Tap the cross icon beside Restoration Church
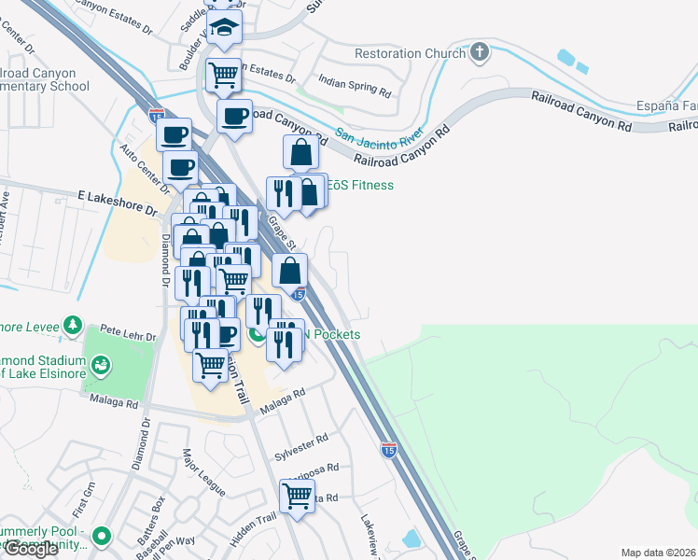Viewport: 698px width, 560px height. (480, 52)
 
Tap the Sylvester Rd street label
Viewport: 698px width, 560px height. (300, 446)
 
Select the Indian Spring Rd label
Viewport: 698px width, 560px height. (355, 87)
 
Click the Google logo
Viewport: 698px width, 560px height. (30, 549)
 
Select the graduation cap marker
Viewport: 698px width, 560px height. (224, 28)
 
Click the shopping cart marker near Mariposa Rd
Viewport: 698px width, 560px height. (297, 496)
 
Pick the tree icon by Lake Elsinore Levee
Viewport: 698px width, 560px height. (71, 325)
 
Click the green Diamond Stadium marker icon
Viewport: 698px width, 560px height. (101, 363)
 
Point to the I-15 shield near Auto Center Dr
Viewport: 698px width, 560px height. (156, 114)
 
